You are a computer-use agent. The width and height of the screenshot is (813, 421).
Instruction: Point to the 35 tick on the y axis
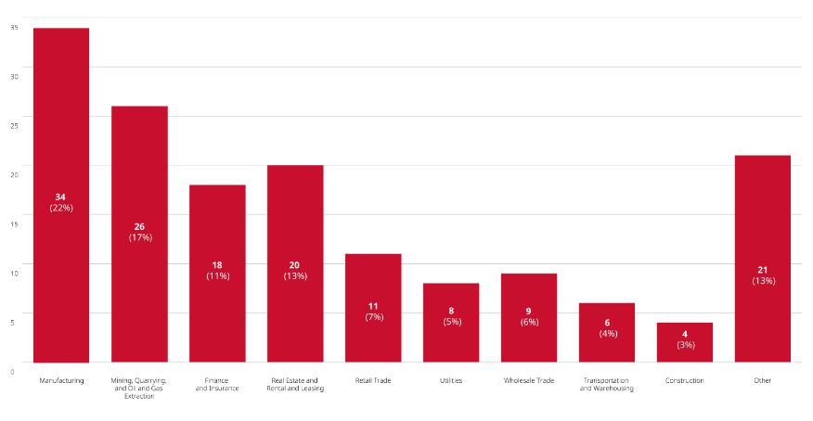tap(14, 27)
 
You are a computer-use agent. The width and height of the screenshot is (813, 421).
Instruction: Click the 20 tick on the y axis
tap(14, 174)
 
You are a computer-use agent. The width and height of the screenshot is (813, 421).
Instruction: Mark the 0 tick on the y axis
tap(12, 371)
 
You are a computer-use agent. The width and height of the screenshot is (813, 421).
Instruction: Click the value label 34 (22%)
tap(61, 202)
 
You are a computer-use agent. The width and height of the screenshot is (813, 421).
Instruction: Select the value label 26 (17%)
tap(139, 232)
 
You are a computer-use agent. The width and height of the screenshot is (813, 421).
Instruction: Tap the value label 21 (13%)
tap(762, 275)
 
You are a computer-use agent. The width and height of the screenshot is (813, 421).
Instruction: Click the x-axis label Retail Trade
tap(373, 380)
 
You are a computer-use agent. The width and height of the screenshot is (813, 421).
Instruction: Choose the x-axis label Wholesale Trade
tap(529, 380)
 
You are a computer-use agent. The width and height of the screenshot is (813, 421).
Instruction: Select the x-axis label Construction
tap(685, 380)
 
